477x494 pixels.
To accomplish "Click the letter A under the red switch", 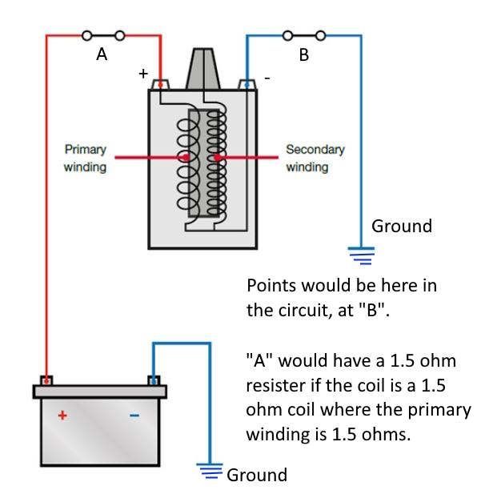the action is click(x=102, y=54).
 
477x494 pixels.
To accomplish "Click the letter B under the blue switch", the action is click(x=304, y=54).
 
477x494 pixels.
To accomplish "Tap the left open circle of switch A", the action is click(x=87, y=35).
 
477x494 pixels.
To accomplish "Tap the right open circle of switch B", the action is click(x=320, y=35).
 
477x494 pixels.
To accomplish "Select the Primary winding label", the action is click(x=85, y=159).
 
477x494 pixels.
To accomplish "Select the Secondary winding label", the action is click(x=315, y=159).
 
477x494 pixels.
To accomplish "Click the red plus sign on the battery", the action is click(x=62, y=416).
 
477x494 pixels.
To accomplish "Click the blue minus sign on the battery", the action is click(x=134, y=416).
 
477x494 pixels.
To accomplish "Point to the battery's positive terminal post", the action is click(x=46, y=380).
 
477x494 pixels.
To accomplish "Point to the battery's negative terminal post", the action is click(x=154, y=380).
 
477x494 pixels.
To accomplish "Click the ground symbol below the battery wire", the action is click(x=210, y=471).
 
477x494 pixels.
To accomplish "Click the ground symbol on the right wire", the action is click(x=361, y=255).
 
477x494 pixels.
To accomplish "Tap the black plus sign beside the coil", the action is click(x=143, y=74).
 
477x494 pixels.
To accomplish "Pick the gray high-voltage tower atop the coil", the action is click(x=203, y=69).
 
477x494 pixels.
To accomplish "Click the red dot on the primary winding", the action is click(x=186, y=157).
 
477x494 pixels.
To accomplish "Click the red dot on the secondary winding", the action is click(x=217, y=157).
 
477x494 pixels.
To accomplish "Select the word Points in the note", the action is click(x=271, y=286).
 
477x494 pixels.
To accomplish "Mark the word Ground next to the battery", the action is click(x=257, y=475).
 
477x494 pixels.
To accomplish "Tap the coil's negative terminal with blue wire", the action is click(x=247, y=85).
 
